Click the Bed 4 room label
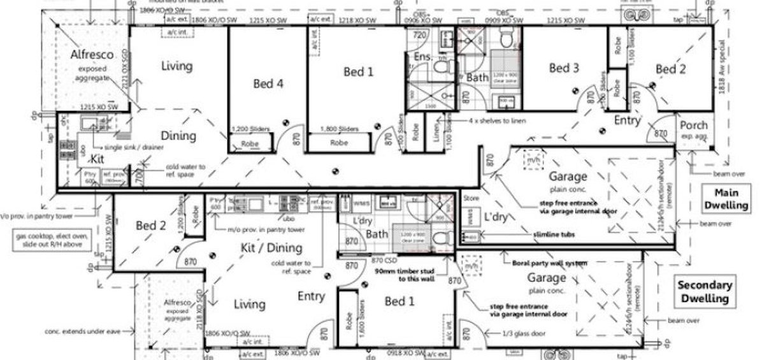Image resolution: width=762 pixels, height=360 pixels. click(x=268, y=83)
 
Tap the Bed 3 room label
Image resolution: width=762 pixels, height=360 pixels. click(x=564, y=68)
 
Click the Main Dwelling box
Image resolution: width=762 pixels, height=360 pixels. click(x=730, y=199)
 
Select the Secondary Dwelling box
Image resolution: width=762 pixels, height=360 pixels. click(x=704, y=292)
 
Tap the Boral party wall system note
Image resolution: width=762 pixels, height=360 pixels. click(x=545, y=263)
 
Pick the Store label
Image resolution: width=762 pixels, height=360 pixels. click(x=470, y=198)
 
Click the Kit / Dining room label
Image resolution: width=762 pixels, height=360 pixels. click(x=271, y=247)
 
